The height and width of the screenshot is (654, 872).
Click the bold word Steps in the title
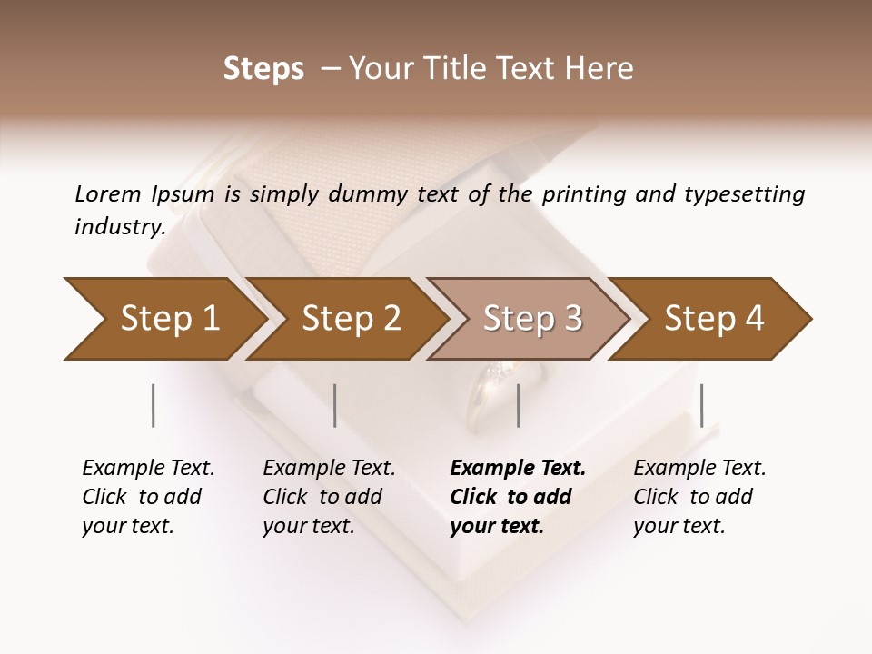tap(263, 69)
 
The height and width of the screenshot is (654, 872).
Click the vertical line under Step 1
tap(154, 405)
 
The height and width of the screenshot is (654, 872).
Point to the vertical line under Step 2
tap(335, 405)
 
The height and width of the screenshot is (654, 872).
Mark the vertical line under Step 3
tap(518, 405)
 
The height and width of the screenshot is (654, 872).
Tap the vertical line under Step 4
tap(701, 405)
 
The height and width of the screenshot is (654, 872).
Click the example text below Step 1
tap(148, 497)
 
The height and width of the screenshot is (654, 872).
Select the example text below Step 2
tap(329, 497)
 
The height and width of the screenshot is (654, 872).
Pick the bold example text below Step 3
tap(517, 497)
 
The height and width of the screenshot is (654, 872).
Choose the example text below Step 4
tap(699, 497)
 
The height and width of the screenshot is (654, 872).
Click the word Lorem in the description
tap(108, 194)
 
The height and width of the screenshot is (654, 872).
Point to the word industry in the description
tap(120, 227)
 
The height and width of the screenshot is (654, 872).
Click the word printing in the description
tap(580, 194)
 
